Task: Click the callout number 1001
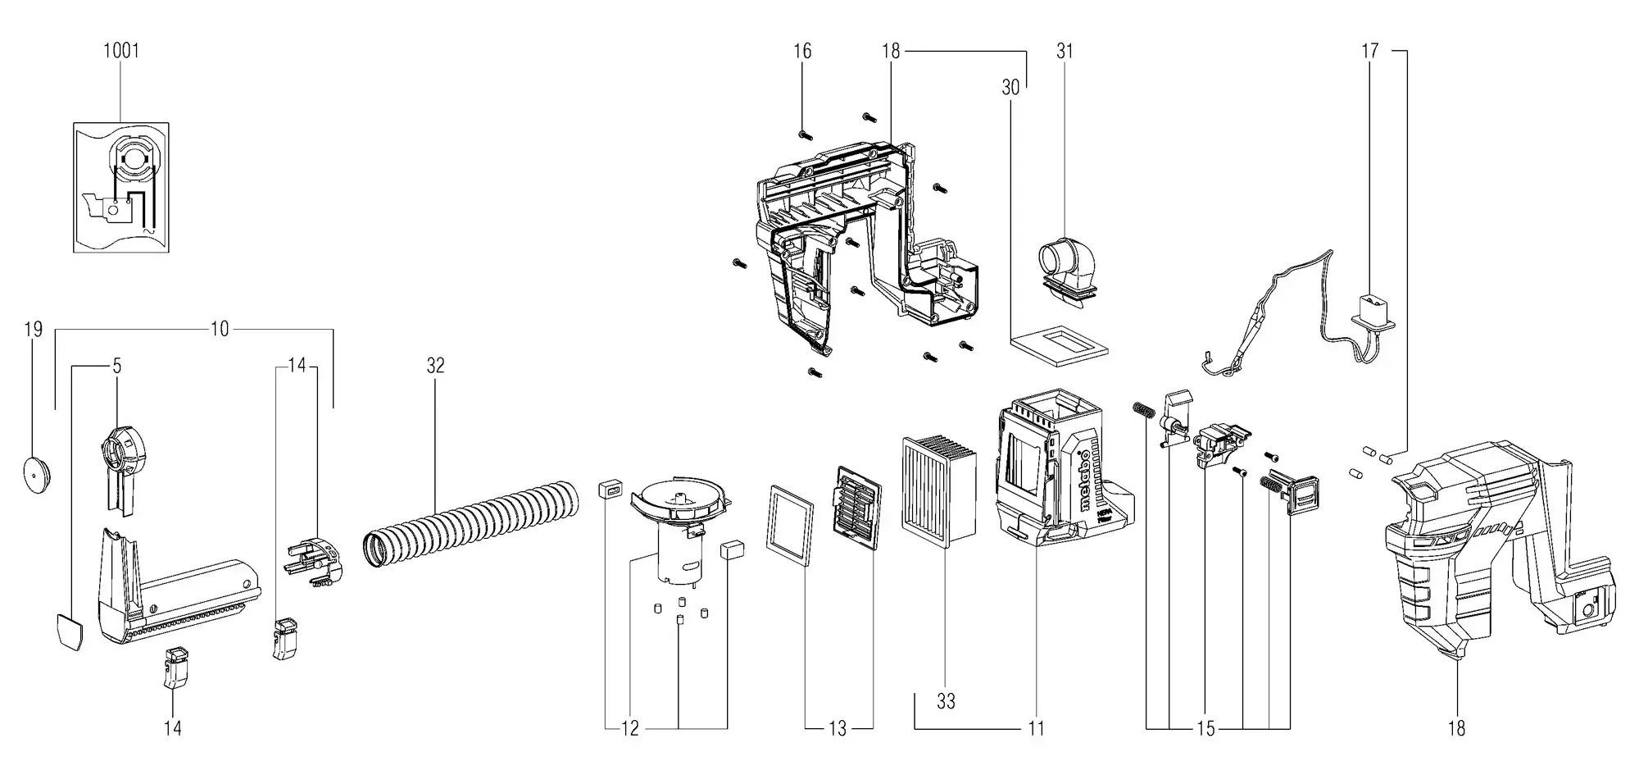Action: click(121, 51)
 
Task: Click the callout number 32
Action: click(435, 366)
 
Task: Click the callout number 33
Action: click(946, 701)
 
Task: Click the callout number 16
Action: click(802, 51)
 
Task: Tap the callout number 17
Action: click(1370, 51)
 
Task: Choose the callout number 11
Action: click(1036, 728)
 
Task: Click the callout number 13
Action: click(838, 728)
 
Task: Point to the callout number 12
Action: click(629, 728)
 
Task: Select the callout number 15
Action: click(1205, 728)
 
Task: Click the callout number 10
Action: click(220, 330)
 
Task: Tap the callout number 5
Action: click(117, 366)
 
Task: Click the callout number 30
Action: click(1010, 87)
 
